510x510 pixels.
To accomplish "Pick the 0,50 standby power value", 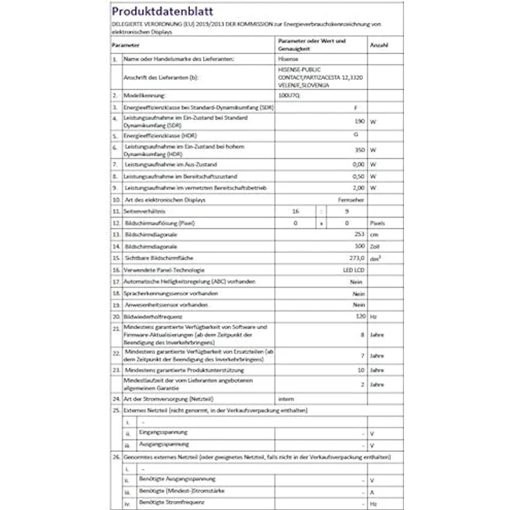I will pos(358,176).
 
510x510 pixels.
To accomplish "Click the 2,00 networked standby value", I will pos(358,188).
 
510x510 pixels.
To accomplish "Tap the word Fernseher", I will pos(351,200).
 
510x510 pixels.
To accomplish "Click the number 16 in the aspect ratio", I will pos(295,211).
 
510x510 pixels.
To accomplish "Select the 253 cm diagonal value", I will pos(358,235).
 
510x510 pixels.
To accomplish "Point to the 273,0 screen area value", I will pos(356,258).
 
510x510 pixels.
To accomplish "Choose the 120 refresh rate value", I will pos(359,316).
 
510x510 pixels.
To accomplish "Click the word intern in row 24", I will pos(285,400).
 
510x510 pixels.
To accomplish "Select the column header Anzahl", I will pos(379,44).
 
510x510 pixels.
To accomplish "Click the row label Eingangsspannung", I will pos(163,432).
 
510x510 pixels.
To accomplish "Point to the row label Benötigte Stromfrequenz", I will pos(167,502).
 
